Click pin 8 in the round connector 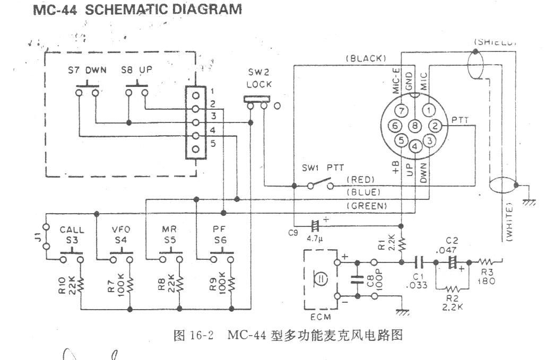tap(415, 126)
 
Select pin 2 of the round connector tap(435, 126)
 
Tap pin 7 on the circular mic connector tap(402, 111)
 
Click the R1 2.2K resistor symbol tap(402, 243)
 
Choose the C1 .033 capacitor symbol tap(419, 261)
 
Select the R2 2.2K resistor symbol tap(453, 289)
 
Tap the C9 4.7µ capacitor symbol tap(316, 225)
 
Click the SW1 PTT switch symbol tap(318, 186)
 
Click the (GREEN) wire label tap(366, 205)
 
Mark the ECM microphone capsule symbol tap(320, 278)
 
